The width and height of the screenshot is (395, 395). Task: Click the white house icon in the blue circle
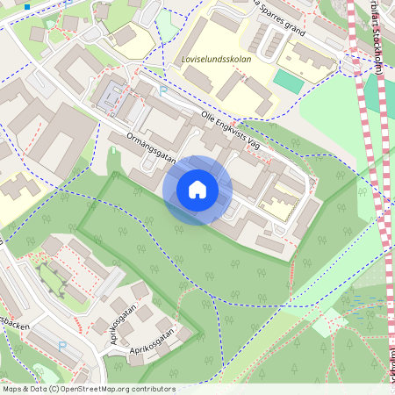coord(197,190)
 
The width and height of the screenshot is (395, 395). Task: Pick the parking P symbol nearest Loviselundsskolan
coord(163,90)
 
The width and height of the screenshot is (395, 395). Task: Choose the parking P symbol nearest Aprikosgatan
coord(61,346)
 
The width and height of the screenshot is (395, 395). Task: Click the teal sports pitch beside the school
coord(286,80)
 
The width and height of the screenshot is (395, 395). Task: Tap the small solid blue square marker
coord(27,7)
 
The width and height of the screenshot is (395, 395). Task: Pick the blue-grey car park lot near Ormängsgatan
coord(107,96)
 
